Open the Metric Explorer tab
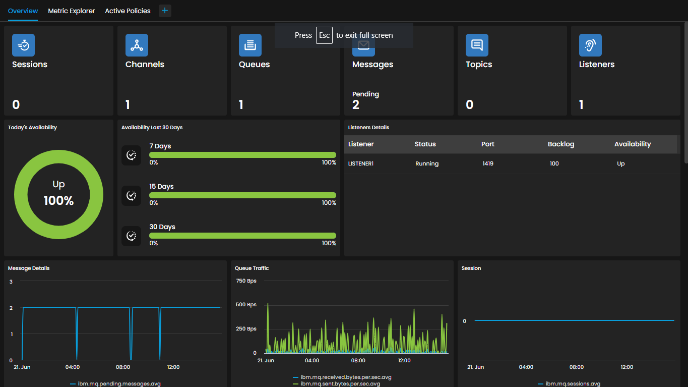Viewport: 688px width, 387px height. click(x=71, y=11)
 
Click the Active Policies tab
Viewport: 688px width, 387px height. click(x=128, y=11)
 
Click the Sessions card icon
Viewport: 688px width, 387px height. click(x=23, y=45)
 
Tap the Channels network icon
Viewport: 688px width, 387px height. click(x=137, y=45)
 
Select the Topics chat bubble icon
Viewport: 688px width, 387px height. click(x=477, y=45)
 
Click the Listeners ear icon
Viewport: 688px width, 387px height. click(x=590, y=45)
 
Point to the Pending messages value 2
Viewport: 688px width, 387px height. click(x=356, y=105)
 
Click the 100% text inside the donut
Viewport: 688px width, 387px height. click(x=58, y=201)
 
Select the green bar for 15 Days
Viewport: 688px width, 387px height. click(x=242, y=195)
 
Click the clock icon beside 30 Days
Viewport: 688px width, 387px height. click(x=131, y=236)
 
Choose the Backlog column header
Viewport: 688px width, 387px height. click(x=561, y=144)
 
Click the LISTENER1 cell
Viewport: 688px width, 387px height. click(x=361, y=163)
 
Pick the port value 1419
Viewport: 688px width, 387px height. click(x=488, y=163)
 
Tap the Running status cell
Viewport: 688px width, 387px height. click(x=427, y=163)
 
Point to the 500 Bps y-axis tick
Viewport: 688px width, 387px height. click(x=246, y=304)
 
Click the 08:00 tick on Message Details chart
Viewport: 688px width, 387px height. click(x=123, y=367)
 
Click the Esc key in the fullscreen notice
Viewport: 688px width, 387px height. click(x=325, y=35)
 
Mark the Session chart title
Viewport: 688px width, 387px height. click(x=471, y=268)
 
